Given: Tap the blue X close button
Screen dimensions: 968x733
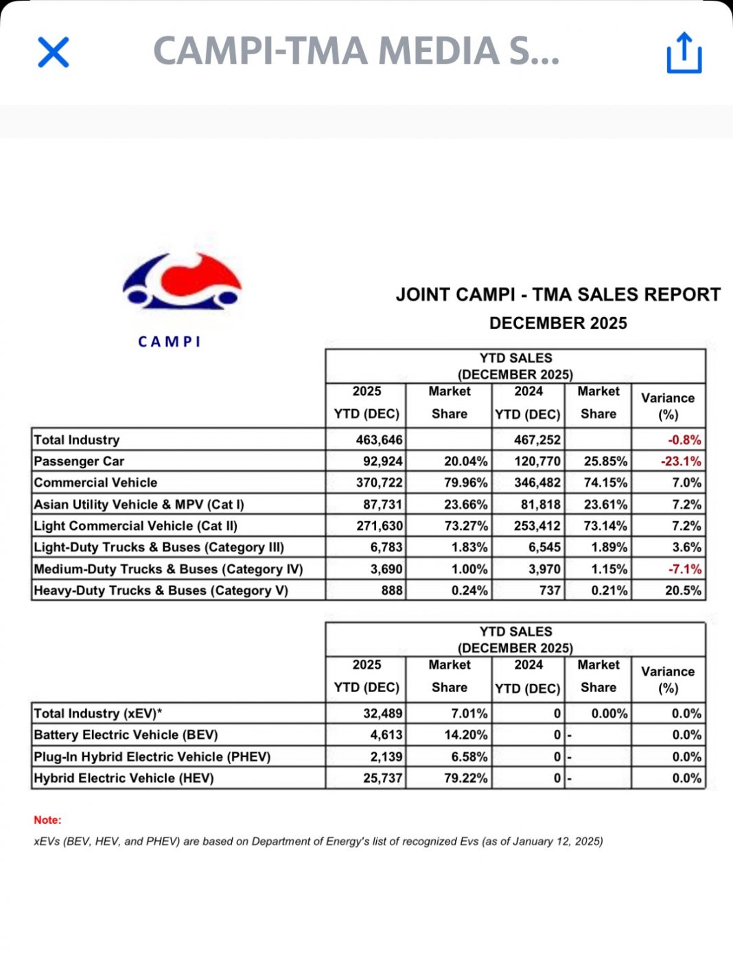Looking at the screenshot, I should click(54, 52).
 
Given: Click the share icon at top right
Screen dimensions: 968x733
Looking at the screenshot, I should click(684, 52).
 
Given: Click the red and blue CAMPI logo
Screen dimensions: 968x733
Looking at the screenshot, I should click(182, 281).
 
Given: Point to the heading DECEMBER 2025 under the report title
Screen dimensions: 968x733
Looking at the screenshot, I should click(558, 323).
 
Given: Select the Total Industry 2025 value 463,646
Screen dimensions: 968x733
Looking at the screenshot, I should click(379, 440).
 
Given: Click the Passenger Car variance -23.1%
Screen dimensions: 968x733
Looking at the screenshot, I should click(681, 461).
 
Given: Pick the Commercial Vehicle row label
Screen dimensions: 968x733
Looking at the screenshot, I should click(95, 483).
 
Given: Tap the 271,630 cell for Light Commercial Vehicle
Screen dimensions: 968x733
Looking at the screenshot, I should click(379, 526).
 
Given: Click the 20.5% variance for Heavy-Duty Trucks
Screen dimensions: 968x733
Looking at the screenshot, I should click(683, 590).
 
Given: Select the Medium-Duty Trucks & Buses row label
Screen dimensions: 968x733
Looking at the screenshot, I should click(168, 569).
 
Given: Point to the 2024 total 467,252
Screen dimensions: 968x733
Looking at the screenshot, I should click(537, 440).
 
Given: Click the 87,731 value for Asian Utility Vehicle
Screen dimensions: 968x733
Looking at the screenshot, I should click(382, 505).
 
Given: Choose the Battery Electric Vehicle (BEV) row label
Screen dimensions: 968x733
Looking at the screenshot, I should click(126, 735).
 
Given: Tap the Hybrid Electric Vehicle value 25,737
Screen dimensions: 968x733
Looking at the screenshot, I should click(382, 779).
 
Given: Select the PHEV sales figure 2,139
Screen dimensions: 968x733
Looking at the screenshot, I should click(386, 757).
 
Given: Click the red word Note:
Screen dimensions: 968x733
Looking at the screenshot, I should click(47, 820).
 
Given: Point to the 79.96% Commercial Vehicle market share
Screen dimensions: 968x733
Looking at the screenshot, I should click(465, 483).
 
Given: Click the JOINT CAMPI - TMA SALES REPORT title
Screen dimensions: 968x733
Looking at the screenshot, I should click(558, 295).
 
